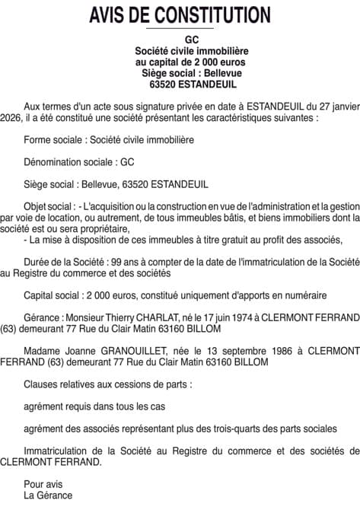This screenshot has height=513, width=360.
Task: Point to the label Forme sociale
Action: [54, 141]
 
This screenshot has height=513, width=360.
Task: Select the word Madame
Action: [43, 351]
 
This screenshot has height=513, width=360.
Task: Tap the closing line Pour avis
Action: [43, 483]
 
